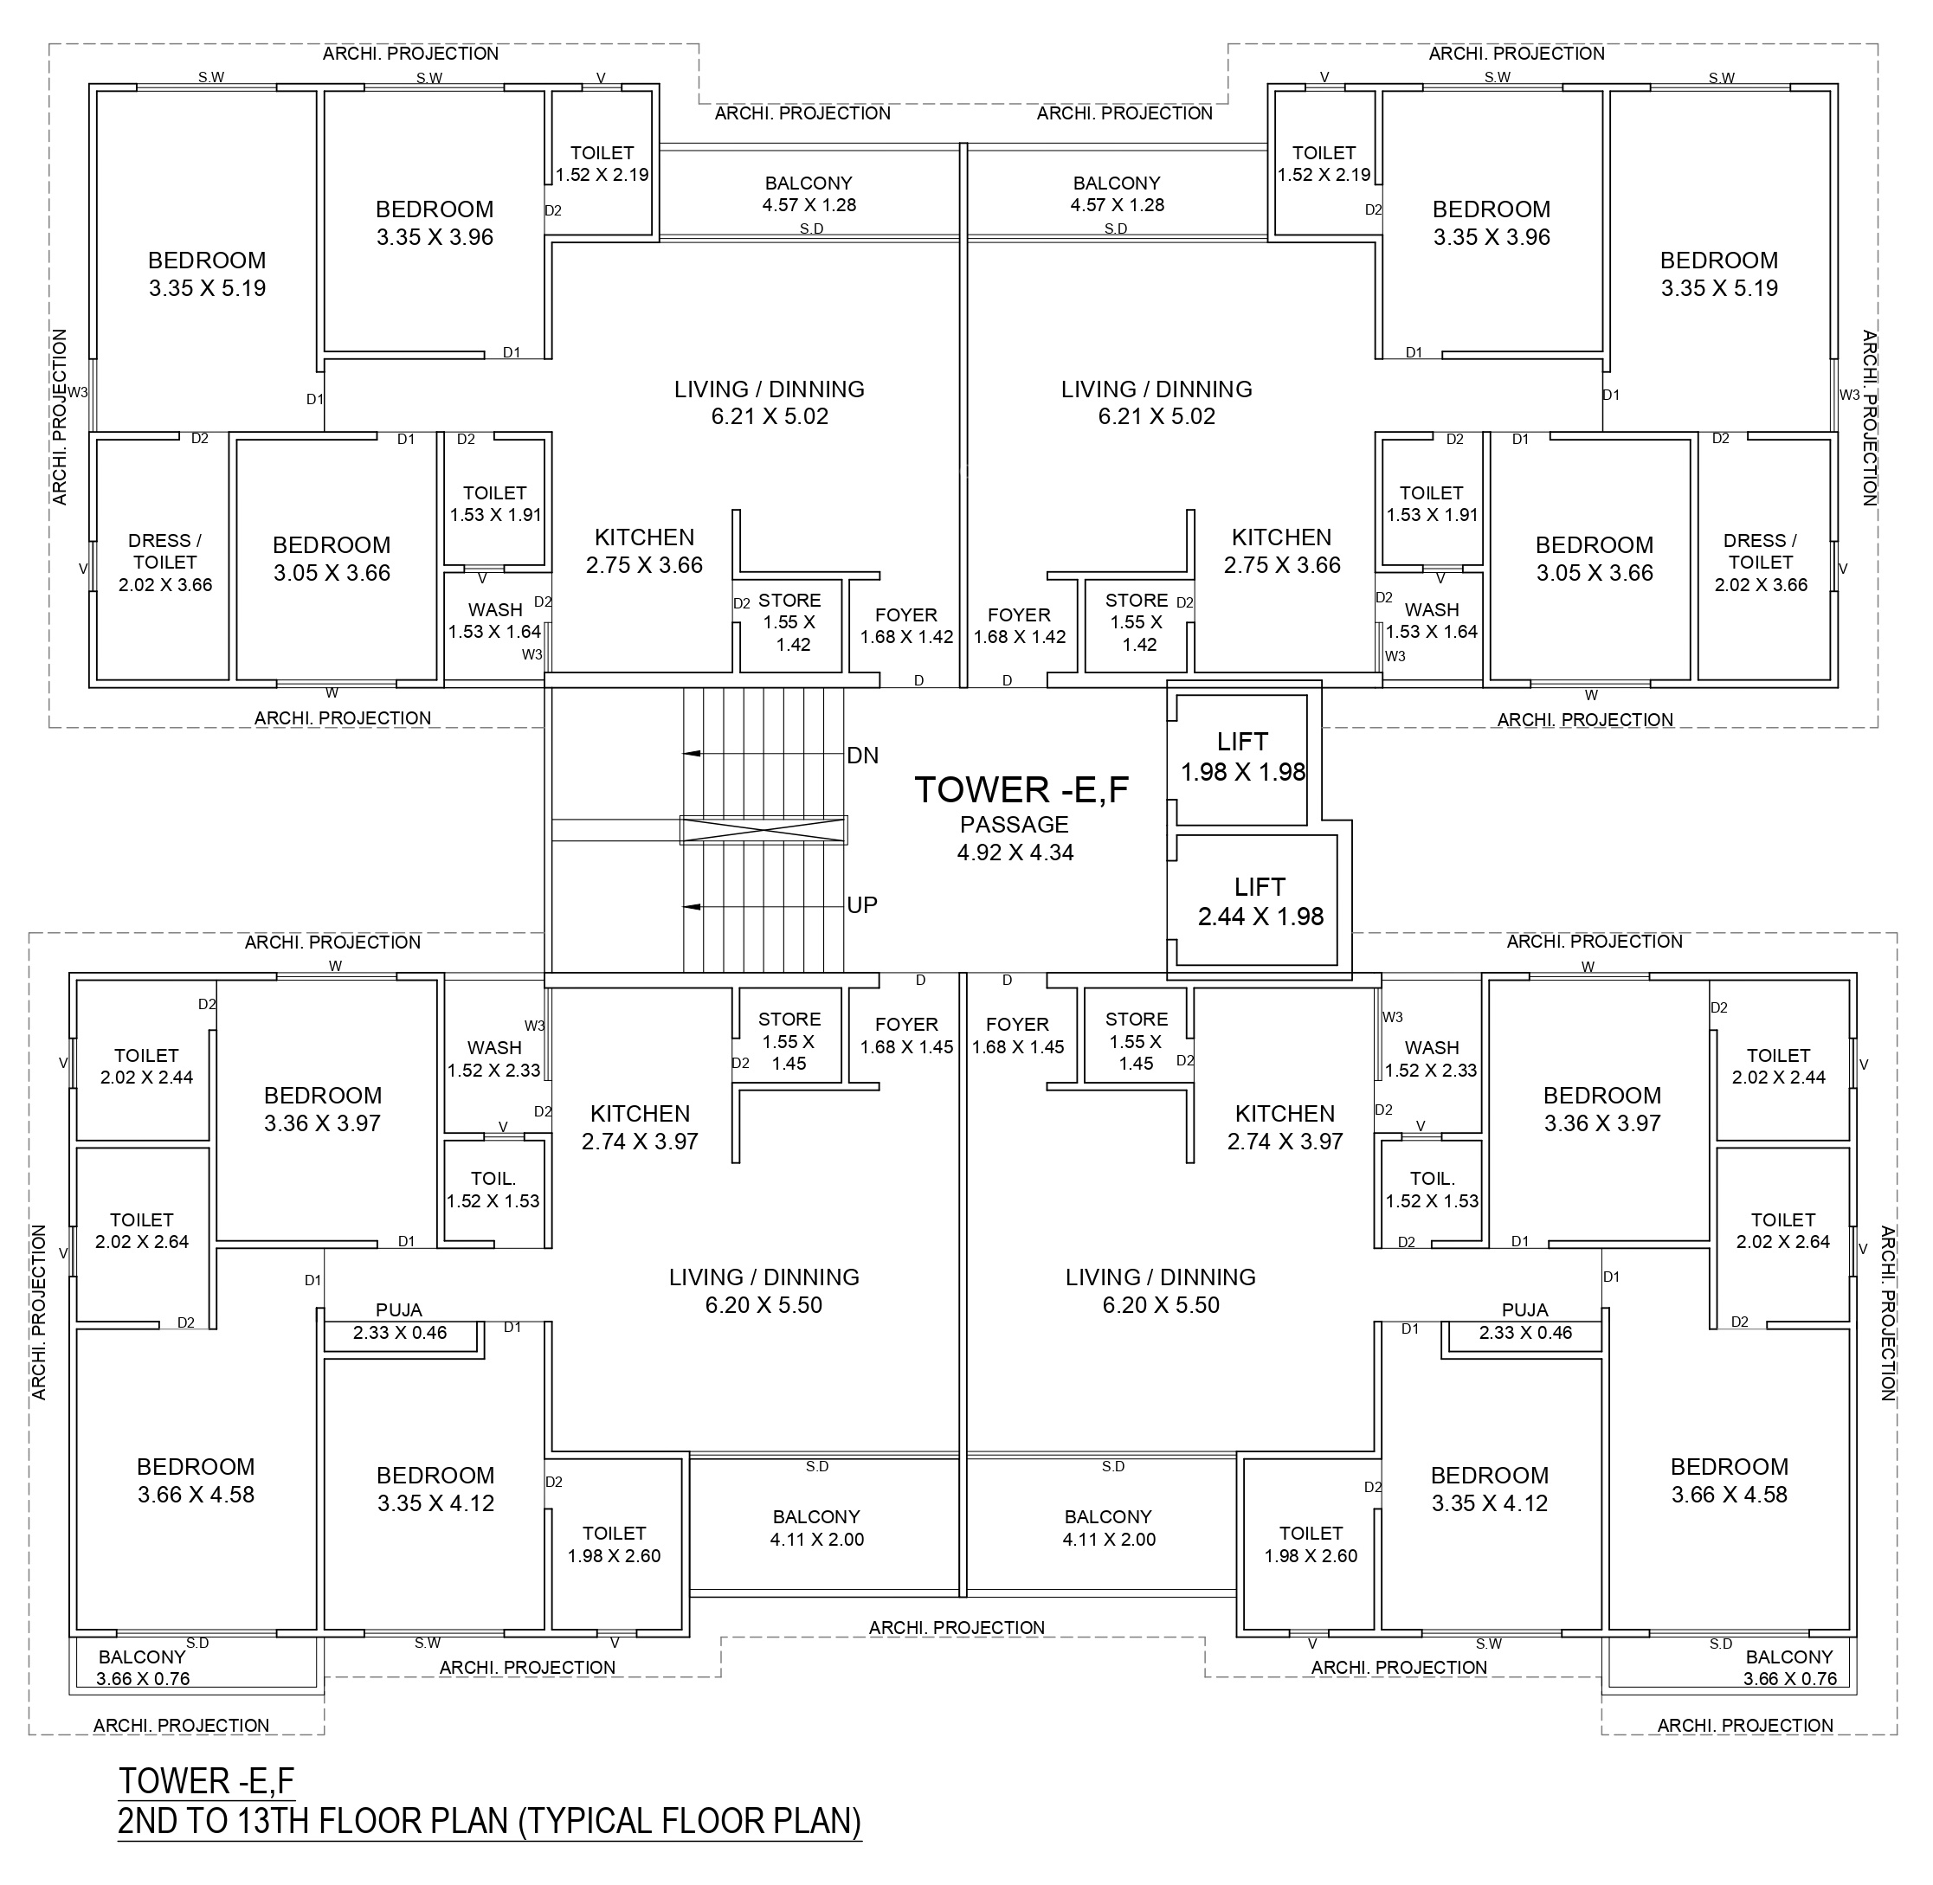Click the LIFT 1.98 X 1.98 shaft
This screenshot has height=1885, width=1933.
coord(1242,759)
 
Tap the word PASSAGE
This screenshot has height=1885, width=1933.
coord(1014,825)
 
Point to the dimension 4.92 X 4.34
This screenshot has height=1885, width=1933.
coord(1015,852)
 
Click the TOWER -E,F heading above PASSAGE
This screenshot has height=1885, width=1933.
coord(1021,789)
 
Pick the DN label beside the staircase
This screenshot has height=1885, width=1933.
coord(862,756)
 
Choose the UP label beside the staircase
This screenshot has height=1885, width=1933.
coord(861,905)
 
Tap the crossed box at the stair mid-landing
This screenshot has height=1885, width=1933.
coord(764,830)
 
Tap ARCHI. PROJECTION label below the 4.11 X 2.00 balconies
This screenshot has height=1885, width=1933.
coord(957,1626)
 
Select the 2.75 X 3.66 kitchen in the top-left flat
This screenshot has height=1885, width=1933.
coord(644,594)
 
